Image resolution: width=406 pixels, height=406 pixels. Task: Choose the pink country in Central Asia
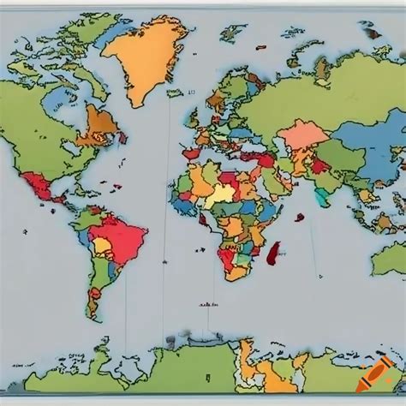coord(302,134)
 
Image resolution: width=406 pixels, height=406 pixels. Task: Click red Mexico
coord(39,184)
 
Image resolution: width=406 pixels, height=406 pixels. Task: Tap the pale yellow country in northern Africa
coord(222,192)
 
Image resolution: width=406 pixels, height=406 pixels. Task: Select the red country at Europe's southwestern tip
coord(191,154)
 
